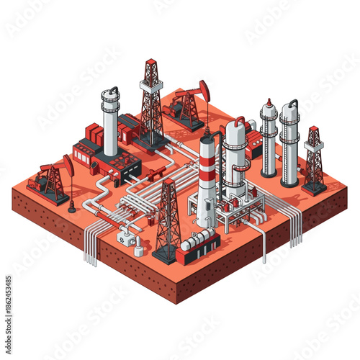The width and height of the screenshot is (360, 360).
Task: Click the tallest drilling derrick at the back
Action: (x=151, y=101)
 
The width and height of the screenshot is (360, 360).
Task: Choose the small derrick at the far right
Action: (x=314, y=160)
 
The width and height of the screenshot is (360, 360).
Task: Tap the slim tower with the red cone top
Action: (x=269, y=140)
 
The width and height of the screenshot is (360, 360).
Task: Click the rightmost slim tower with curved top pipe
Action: (x=289, y=144)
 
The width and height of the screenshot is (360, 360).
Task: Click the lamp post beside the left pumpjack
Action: (x=71, y=194)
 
